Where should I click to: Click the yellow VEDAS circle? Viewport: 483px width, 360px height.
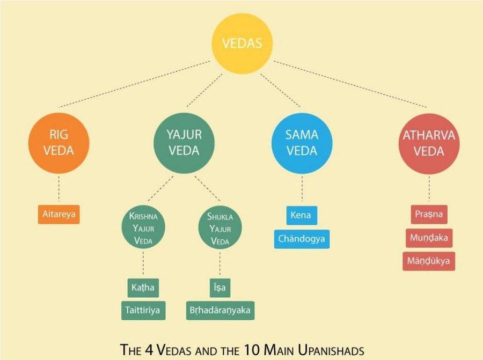click(242, 43)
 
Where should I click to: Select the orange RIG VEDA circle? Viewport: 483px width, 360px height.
click(58, 143)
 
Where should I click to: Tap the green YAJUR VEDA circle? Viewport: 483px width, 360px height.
click(184, 143)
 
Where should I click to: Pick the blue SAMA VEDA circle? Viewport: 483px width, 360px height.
click(302, 143)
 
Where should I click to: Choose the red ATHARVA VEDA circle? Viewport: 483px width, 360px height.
click(429, 144)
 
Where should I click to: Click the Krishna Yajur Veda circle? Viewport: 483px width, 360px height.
click(143, 228)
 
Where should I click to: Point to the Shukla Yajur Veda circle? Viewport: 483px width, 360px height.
click(220, 228)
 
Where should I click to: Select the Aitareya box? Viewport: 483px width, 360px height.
click(59, 215)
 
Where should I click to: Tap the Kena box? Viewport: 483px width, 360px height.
click(302, 215)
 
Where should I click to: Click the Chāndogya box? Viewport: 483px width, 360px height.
click(302, 239)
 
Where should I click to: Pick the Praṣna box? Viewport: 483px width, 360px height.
click(429, 215)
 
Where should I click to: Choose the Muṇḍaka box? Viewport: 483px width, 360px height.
click(429, 238)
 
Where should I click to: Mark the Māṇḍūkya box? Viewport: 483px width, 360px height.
click(429, 261)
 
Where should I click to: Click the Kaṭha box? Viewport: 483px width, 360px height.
click(143, 288)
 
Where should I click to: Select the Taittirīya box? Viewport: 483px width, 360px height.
click(143, 311)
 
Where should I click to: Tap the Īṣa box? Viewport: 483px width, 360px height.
click(220, 288)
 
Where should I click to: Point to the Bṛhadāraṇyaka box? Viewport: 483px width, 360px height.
click(220, 311)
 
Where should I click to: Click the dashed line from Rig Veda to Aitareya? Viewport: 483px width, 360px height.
click(59, 188)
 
